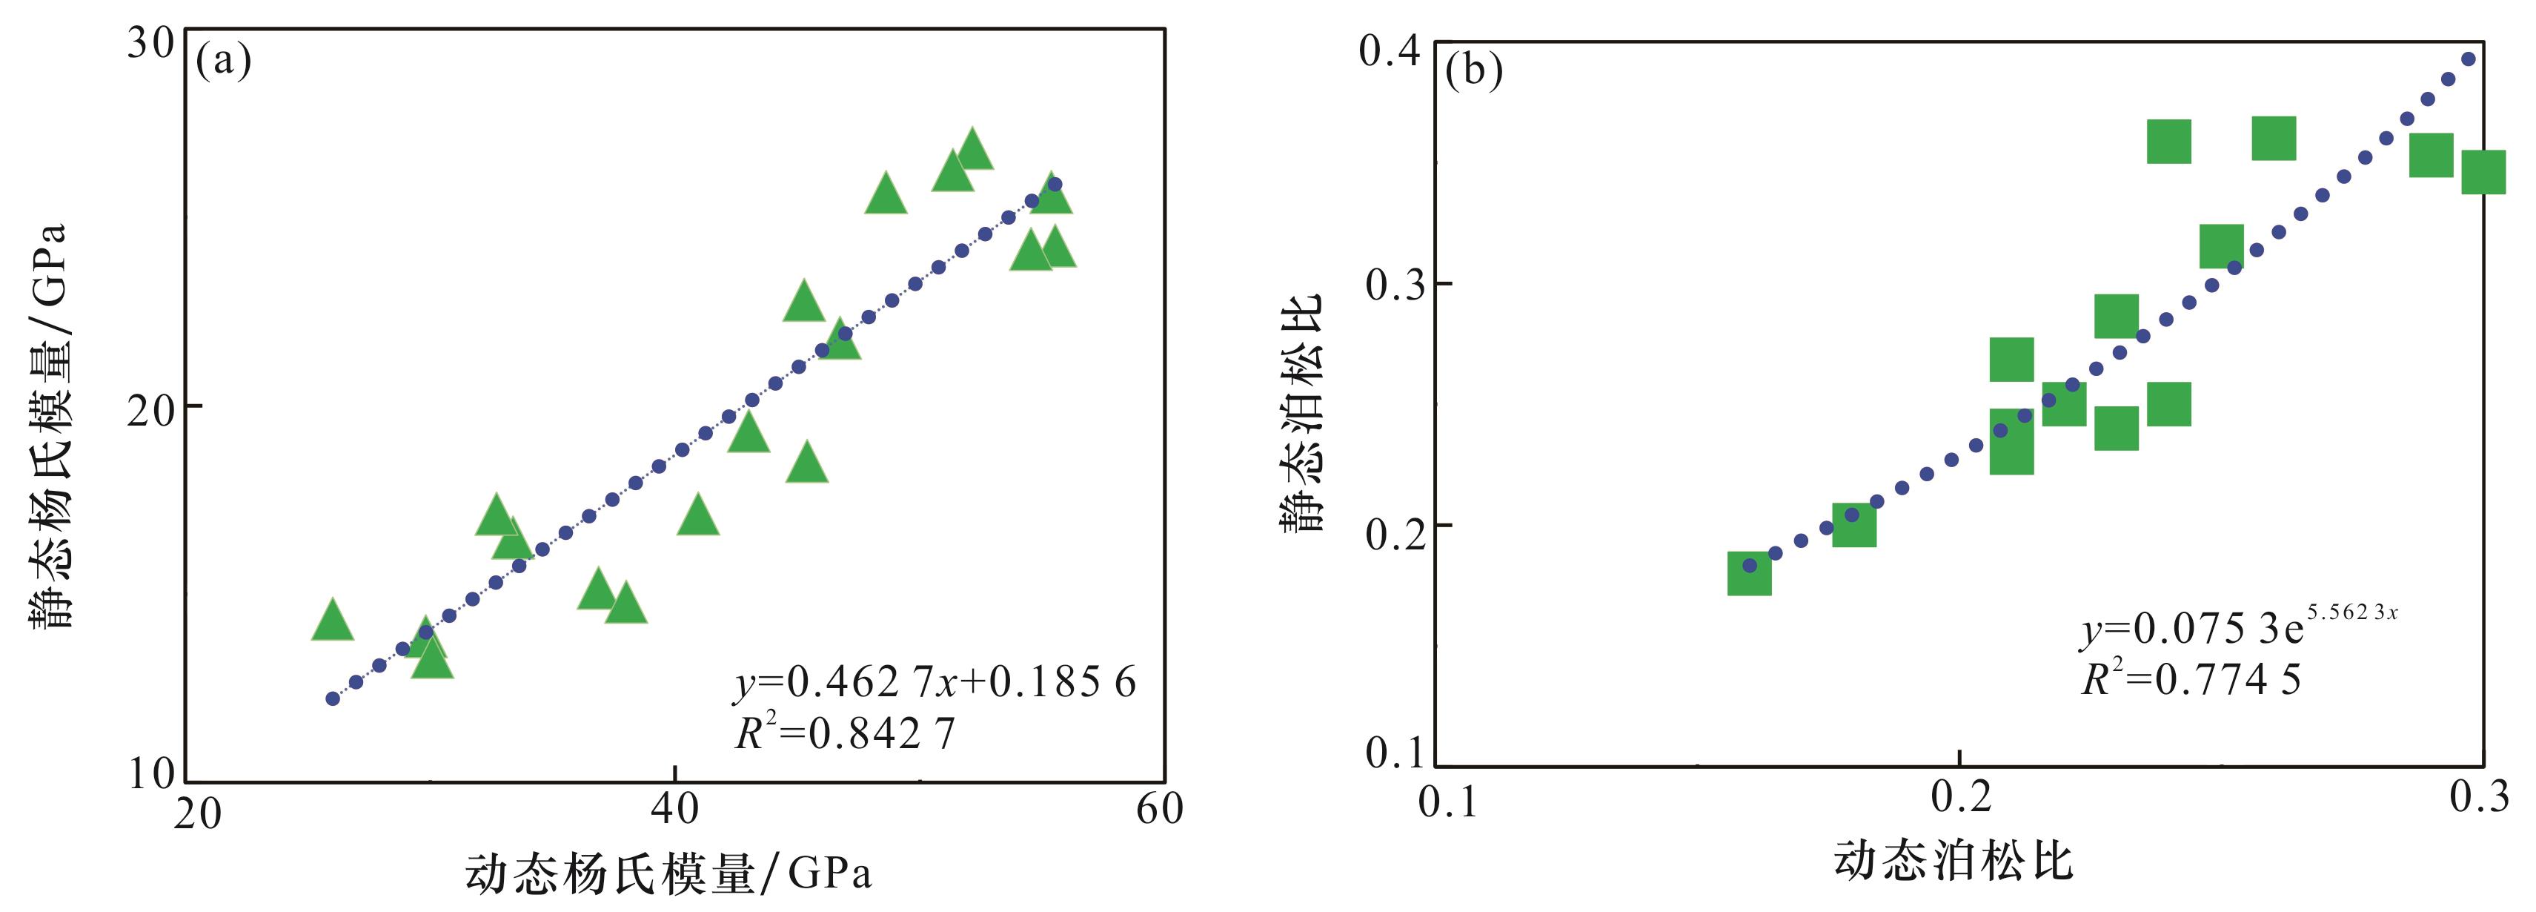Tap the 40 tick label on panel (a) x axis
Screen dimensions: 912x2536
click(x=674, y=810)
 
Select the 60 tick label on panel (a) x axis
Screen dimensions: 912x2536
click(x=1160, y=810)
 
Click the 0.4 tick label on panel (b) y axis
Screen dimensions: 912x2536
click(x=1390, y=51)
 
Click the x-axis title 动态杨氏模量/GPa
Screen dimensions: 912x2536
click(x=668, y=873)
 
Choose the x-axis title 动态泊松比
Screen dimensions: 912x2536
click(x=1954, y=862)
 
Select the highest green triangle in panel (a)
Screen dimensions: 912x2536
click(x=972, y=150)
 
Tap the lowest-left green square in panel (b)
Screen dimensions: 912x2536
click(x=1750, y=574)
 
